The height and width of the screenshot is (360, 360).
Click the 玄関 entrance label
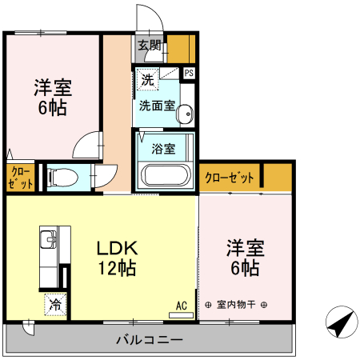149,46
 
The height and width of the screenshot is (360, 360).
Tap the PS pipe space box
189,74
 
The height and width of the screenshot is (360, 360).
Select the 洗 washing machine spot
147,79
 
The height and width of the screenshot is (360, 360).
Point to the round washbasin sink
186,114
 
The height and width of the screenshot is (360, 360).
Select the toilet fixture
63,177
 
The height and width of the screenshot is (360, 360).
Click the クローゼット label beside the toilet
22,177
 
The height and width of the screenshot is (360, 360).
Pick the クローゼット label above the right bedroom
230,177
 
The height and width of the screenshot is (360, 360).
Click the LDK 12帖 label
116,258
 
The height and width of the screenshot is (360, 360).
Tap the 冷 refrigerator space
56,304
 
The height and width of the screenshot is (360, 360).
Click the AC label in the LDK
181,304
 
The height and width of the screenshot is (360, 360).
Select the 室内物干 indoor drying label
236,305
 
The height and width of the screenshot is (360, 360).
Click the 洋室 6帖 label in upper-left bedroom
52,96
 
